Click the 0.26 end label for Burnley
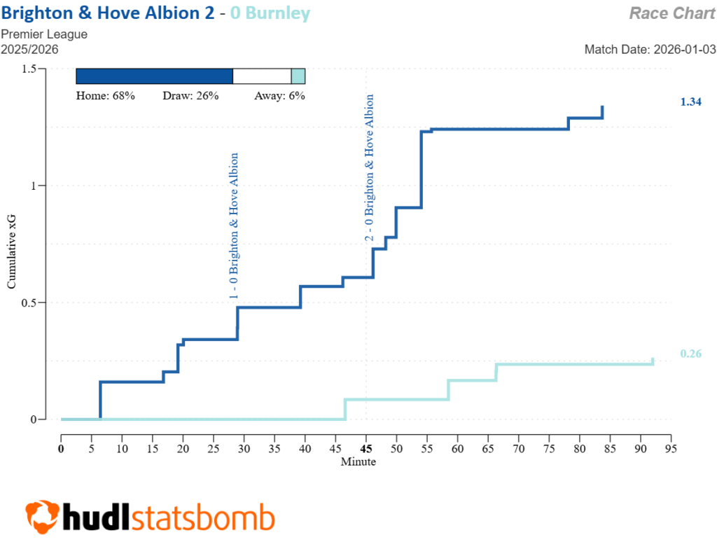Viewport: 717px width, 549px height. (690, 354)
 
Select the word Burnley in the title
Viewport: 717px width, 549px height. (280, 13)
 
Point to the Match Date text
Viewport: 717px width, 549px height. (650, 50)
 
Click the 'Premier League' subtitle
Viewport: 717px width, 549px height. (44, 34)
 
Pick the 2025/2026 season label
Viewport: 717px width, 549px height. (29, 50)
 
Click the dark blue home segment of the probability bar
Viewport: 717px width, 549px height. (154, 77)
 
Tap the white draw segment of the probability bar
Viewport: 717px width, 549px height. (262, 77)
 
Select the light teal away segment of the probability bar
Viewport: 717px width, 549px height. (298, 77)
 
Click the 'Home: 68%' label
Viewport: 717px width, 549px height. (105, 96)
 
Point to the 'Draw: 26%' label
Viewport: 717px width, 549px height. (190, 96)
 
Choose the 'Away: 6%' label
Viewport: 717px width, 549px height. (279, 96)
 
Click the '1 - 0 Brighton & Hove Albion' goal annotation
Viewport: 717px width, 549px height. (235, 226)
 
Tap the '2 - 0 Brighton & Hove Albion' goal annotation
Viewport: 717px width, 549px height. (369, 168)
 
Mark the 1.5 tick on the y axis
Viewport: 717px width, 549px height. (29, 69)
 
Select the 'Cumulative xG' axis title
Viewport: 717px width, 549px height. (12, 252)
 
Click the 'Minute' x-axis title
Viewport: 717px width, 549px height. (358, 461)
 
